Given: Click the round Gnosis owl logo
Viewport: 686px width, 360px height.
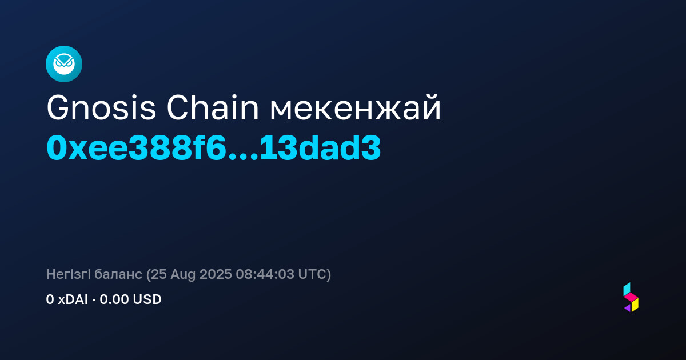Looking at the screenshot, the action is (x=64, y=64).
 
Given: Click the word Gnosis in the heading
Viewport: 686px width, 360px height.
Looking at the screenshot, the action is (x=101, y=108).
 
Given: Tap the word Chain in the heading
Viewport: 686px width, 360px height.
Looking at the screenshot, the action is (x=213, y=108).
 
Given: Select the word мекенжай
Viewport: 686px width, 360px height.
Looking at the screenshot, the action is (x=355, y=108).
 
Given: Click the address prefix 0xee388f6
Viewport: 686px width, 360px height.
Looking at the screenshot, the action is (x=137, y=148).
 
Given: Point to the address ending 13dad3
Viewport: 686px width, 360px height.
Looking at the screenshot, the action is (x=320, y=148).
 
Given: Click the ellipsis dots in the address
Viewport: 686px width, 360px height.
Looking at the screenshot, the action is (x=244, y=157).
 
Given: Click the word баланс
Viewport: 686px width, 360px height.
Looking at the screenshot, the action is (x=118, y=274).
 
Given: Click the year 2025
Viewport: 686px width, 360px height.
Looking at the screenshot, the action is (x=216, y=274).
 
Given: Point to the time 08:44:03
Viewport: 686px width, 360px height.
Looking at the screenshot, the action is (x=265, y=274).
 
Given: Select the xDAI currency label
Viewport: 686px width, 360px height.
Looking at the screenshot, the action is (x=73, y=299).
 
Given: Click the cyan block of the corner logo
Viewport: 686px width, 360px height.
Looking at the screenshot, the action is (x=627, y=289).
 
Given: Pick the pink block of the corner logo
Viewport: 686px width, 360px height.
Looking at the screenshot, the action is (x=631, y=297).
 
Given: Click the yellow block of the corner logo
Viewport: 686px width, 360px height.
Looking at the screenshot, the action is (x=635, y=305).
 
